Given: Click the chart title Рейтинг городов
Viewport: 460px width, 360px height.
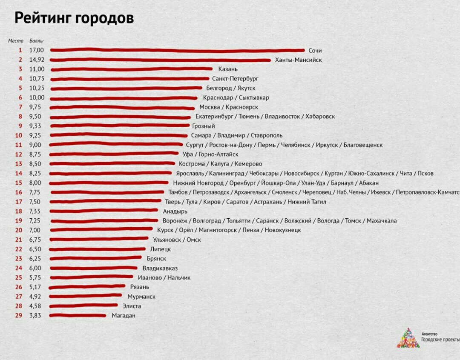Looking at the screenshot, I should [74, 18].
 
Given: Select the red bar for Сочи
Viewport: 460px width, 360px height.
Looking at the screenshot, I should [177, 50].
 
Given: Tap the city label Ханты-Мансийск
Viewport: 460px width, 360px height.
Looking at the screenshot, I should [299, 60].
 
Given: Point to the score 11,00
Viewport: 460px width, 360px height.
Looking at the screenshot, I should [37, 69].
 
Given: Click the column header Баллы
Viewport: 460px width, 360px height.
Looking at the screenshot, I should [36, 41].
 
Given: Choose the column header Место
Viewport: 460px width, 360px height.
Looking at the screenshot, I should [15, 41].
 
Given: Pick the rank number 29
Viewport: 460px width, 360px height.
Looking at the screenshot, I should [19, 316].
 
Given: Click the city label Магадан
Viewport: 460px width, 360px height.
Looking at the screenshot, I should [124, 316].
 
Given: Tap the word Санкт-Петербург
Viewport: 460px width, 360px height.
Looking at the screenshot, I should [235, 79].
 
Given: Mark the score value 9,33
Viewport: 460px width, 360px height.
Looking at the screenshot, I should [35, 126].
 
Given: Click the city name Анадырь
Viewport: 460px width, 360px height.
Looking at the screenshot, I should [175, 211].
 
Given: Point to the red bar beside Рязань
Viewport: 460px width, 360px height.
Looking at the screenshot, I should [87, 287].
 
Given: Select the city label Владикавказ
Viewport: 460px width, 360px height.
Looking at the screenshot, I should [160, 268].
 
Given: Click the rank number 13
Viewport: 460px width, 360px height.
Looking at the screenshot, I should [19, 164].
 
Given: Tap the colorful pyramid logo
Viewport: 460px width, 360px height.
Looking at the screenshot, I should [408, 338].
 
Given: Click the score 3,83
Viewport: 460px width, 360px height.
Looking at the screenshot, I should [35, 316].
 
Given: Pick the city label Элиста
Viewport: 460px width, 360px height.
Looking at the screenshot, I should [132, 306].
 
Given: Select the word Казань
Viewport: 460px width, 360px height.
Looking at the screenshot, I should [228, 69].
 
